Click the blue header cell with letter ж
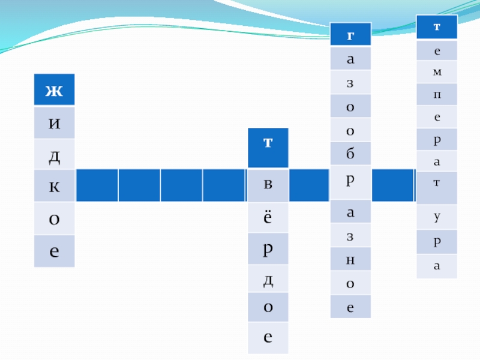pos(54,90)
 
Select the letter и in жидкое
pos(54,124)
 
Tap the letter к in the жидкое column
pos(54,186)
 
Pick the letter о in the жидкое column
pos(54,218)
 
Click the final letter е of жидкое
pos(54,251)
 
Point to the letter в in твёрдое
pos(268,185)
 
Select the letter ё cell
pos(268,217)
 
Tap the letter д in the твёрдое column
pos(268,278)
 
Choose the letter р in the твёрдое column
pos(268,248)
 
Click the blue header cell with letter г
pos(350,34)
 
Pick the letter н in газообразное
pos(350,259)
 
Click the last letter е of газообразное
pos(350,307)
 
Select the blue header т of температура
pos(437,27)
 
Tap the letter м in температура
pos(437,72)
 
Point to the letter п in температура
pos(437,94)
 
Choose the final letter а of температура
pos(437,266)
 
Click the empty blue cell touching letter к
pos(96,186)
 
